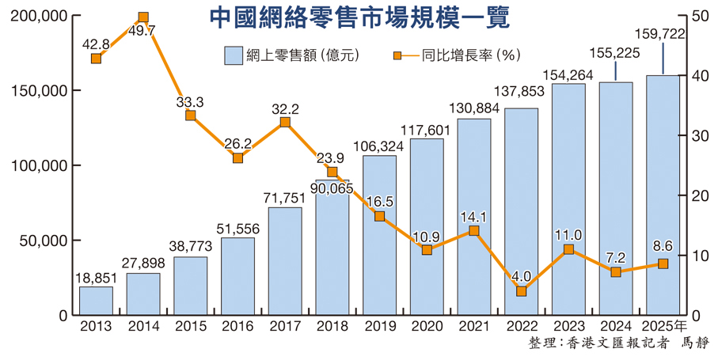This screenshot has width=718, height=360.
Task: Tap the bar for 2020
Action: (427, 229)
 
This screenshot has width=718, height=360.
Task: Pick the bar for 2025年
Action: (663, 198)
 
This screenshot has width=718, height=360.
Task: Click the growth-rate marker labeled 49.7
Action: (143, 17)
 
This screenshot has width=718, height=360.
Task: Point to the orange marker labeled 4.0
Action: (521, 291)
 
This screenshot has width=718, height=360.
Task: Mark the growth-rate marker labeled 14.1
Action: (474, 231)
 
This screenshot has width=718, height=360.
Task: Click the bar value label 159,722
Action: (660, 35)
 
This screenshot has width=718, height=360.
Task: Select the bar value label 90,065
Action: (332, 189)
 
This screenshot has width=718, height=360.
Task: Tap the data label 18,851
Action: (96, 278)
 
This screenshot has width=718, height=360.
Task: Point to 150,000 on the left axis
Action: (39, 91)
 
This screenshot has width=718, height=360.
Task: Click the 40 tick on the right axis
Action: (697, 76)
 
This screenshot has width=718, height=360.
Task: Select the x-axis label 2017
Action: (285, 325)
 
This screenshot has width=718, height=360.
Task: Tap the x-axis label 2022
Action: (521, 325)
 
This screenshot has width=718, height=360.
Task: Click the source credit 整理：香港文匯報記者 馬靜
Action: (618, 343)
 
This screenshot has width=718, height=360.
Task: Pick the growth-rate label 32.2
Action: (285, 108)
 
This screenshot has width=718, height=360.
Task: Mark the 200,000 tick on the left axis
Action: (39, 17)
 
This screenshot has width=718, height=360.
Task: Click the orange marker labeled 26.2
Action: (237, 158)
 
